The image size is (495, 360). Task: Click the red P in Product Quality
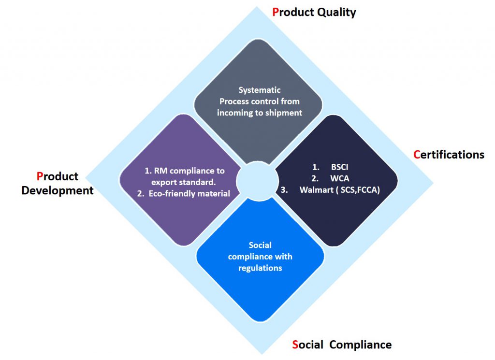[x=276, y=12]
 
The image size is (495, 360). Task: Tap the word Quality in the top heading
[x=336, y=13]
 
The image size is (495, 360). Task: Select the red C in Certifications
[x=417, y=155]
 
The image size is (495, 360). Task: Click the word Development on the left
[x=58, y=191]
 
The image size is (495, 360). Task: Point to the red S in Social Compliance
[x=295, y=345]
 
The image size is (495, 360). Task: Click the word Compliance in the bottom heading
[x=360, y=345]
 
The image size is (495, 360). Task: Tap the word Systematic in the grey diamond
[x=260, y=90]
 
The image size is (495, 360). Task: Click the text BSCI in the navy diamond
[x=339, y=167]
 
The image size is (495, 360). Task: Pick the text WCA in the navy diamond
[x=340, y=179]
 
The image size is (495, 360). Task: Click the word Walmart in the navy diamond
[x=316, y=190]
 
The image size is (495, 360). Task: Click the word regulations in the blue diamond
[x=260, y=268]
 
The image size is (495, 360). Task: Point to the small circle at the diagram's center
[x=257, y=181]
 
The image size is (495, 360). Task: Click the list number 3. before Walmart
[x=284, y=190]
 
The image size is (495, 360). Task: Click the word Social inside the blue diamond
[x=260, y=245]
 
